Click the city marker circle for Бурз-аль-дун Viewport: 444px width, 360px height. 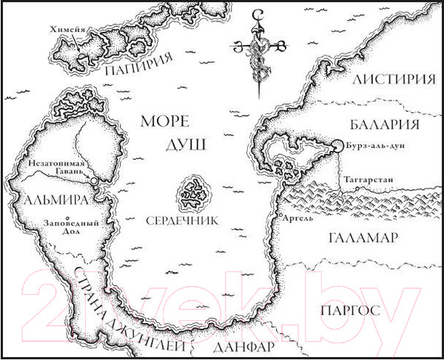(337, 146)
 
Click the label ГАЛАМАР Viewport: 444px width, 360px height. (362, 237)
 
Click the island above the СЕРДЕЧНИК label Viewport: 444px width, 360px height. (192, 193)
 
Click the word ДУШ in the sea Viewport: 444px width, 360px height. (172, 146)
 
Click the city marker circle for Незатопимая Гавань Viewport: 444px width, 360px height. (94, 180)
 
